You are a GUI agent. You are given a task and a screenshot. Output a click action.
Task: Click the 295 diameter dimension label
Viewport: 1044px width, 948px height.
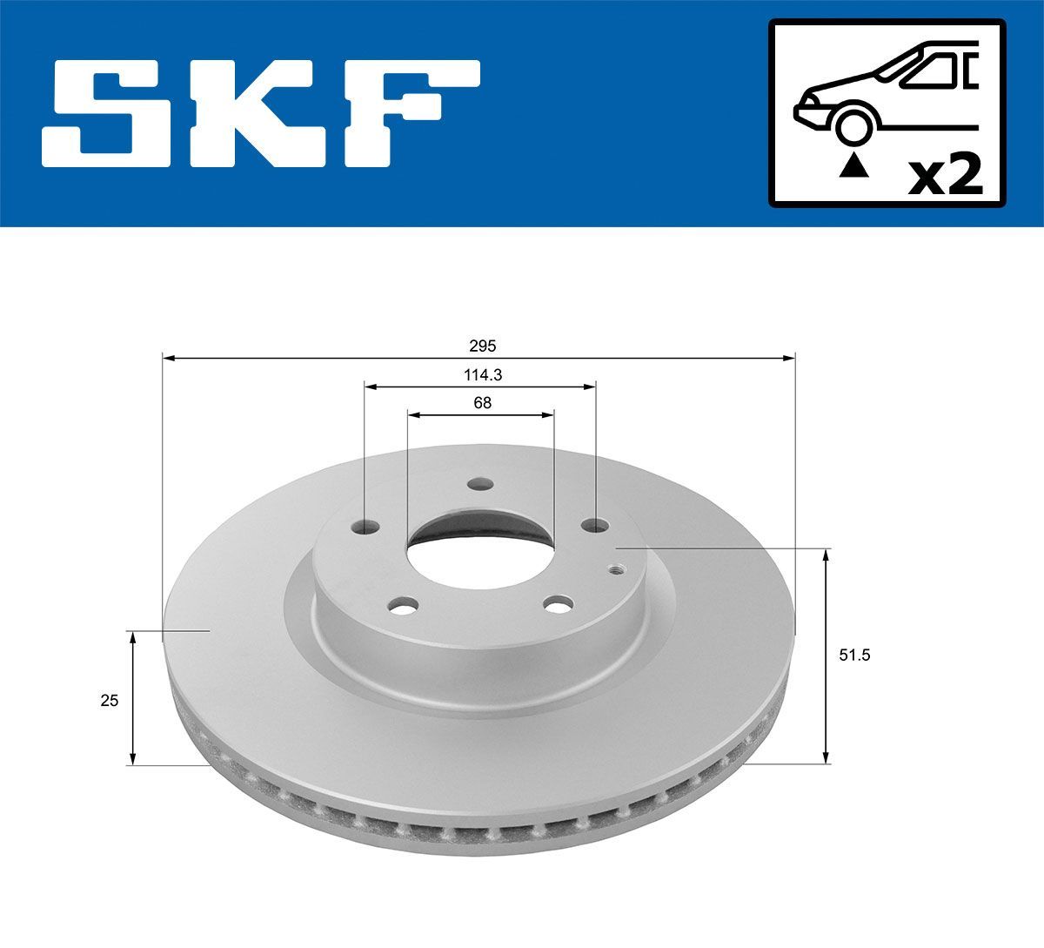(x=483, y=346)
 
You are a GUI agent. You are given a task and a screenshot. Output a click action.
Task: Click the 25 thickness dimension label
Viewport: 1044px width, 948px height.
(x=109, y=700)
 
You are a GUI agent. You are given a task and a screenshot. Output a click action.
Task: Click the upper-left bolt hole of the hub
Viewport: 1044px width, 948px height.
(x=369, y=528)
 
